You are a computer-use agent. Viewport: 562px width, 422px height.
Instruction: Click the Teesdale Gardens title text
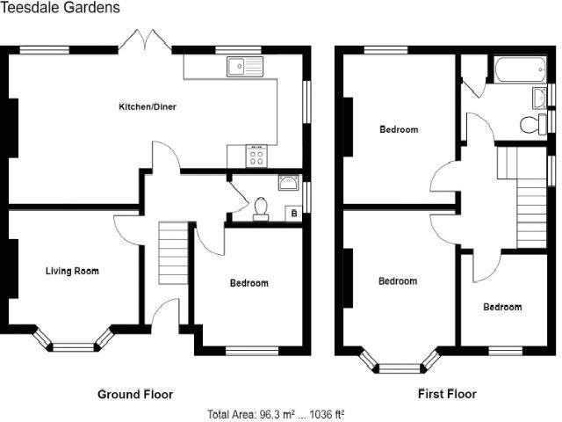pyautogui.click(x=61, y=8)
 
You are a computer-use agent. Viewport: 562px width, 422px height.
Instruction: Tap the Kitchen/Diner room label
pyautogui.click(x=148, y=107)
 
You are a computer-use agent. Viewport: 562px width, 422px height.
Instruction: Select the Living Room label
pyautogui.click(x=72, y=271)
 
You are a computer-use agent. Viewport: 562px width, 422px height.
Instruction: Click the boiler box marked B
pyautogui.click(x=293, y=213)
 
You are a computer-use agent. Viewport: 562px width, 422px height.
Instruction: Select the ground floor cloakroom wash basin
pyautogui.click(x=287, y=182)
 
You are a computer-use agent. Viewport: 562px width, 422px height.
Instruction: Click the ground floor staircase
pyautogui.click(x=173, y=250)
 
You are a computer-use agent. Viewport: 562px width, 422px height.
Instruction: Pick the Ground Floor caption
pyautogui.click(x=134, y=394)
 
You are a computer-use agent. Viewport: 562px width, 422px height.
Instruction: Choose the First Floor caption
pyautogui.click(x=447, y=394)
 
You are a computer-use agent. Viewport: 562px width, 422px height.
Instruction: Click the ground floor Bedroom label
pyautogui.click(x=249, y=283)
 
